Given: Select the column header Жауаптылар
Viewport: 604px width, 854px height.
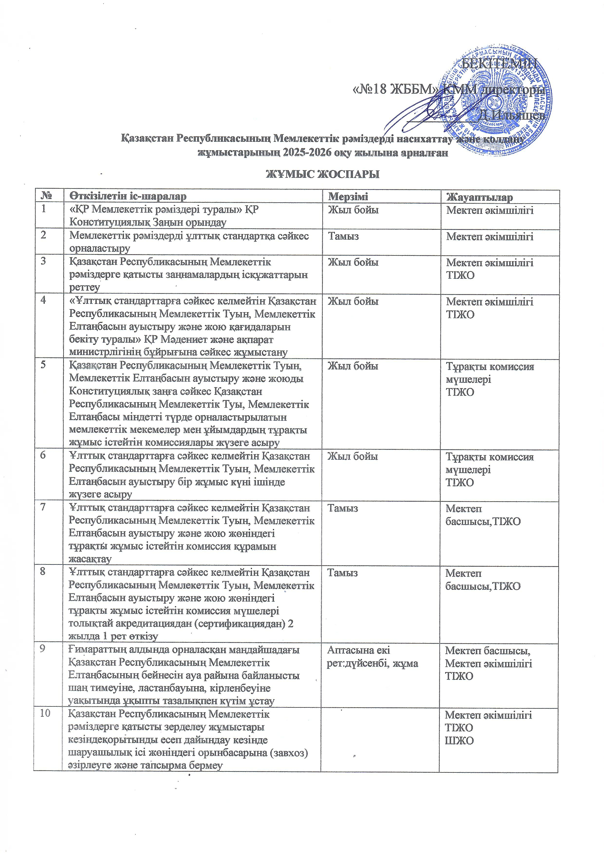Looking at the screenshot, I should pyautogui.click(x=479, y=197).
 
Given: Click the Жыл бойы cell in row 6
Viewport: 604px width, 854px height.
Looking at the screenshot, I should pyautogui.click(x=352, y=456).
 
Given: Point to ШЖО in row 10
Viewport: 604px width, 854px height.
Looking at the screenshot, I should pyautogui.click(x=459, y=740).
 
